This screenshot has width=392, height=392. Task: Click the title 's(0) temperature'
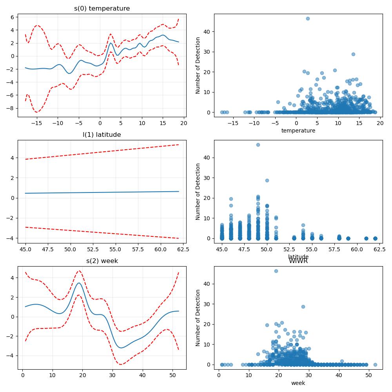coord(102,9)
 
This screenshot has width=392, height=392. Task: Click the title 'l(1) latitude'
coord(102,135)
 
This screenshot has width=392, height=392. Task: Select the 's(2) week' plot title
coord(102,261)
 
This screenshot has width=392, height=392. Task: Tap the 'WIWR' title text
coord(298,261)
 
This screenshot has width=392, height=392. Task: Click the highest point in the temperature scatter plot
coord(308,18)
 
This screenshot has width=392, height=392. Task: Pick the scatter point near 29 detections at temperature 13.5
coord(353,54)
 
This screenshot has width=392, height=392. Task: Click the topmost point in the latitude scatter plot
coord(258,145)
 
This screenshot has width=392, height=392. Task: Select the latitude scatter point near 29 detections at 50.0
coord(267,180)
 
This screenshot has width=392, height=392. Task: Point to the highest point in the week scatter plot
coord(276,271)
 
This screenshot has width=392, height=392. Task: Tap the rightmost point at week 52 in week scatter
coord(375,365)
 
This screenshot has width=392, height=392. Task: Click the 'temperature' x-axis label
coord(298,131)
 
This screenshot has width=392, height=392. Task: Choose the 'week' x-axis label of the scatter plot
coord(298,383)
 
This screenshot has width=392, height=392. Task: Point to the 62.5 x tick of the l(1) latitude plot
coord(183,249)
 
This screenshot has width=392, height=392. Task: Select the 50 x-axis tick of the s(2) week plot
coord(172,375)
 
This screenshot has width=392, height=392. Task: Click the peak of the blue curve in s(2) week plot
coord(79,283)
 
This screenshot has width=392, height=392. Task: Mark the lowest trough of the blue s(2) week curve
coord(121,348)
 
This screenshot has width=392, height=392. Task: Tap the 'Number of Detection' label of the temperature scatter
coord(198,65)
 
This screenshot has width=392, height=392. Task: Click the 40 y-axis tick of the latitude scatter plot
coord(207,158)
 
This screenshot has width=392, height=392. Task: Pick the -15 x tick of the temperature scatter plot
coord(233,123)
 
